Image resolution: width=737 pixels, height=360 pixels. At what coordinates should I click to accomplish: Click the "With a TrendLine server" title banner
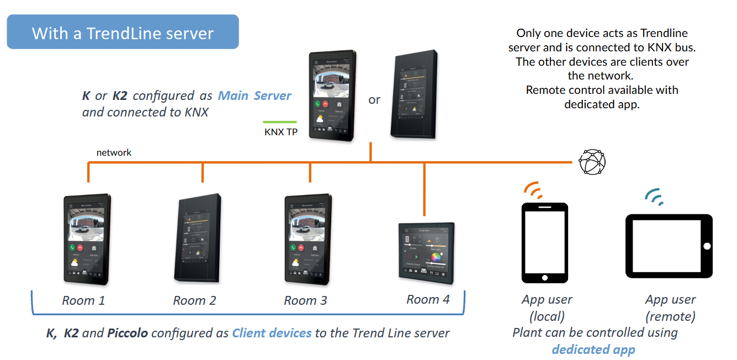coord(123,33)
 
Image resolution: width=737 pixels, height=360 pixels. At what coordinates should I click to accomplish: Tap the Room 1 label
coord(83,301)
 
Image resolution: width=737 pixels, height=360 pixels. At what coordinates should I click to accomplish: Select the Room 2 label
coord(194,301)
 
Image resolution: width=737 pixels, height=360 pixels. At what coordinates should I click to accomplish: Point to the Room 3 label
coord(305,301)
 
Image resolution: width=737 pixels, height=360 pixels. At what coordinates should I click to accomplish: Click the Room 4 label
coord(428,300)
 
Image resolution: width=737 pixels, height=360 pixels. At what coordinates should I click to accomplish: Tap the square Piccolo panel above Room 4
coord(427,253)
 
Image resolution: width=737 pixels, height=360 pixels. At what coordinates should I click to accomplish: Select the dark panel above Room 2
coord(199,240)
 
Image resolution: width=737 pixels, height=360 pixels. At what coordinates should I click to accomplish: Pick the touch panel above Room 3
coord(308,240)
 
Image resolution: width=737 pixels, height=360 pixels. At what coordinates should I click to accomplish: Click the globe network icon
coord(592,162)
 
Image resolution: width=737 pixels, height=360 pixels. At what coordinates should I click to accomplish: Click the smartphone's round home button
coord(544,277)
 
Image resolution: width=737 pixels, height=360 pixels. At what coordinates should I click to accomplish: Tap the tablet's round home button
coord(707,246)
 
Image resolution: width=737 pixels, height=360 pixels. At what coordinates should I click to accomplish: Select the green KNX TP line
coord(280,122)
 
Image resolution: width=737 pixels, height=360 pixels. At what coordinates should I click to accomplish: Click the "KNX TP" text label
coord(281,133)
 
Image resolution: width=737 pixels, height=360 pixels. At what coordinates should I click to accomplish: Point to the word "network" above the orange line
coord(114,152)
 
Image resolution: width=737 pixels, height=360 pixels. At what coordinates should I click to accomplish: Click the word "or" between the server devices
coord(374,100)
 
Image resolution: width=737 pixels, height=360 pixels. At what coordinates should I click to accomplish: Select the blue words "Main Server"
coord(254,96)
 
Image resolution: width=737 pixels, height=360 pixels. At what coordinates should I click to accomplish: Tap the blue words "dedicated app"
coord(593,350)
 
